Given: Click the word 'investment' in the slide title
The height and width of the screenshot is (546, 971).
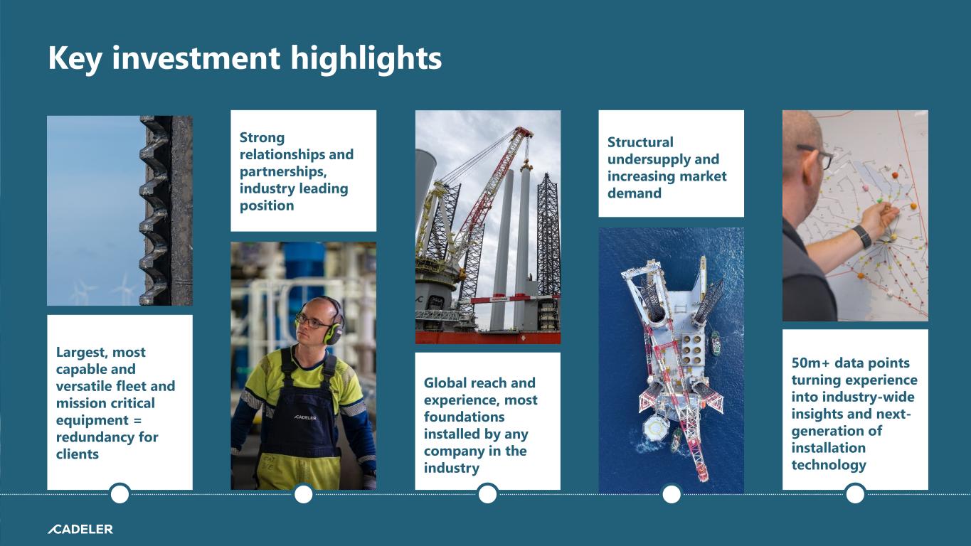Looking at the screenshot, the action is [196, 58].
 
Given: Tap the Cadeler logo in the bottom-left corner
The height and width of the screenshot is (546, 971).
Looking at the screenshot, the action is [80, 529].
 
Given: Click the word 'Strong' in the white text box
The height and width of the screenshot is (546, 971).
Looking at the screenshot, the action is [262, 138].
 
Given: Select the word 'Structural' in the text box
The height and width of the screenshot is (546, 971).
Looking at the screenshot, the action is [640, 142].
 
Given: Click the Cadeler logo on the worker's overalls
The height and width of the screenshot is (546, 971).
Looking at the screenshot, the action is [305, 417].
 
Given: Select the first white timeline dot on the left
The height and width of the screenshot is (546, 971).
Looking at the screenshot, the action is [120, 494].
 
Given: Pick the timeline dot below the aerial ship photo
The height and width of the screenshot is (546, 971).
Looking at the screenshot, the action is [672, 494].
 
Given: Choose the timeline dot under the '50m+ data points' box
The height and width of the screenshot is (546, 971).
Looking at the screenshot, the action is [855, 494].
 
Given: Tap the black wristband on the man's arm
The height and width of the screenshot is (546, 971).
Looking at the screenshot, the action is [863, 237].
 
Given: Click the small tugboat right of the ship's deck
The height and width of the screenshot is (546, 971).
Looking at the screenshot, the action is [715, 343].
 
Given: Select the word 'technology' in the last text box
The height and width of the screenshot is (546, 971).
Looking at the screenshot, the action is [829, 465].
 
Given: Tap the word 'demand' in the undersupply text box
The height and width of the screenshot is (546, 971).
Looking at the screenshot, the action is [635, 193].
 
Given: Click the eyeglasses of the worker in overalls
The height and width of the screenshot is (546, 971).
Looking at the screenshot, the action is [312, 322].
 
